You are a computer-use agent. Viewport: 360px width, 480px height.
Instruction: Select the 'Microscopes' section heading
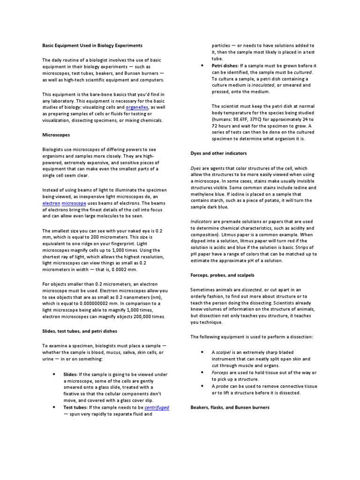(x=56, y=135)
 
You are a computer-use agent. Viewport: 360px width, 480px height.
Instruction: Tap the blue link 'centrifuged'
(x=157, y=408)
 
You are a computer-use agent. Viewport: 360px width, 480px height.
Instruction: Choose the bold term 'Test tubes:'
(x=76, y=408)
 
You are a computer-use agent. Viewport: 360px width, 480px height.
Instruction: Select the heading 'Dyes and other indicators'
(x=218, y=153)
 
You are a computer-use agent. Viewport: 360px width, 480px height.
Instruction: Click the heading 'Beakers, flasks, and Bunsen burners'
(x=230, y=407)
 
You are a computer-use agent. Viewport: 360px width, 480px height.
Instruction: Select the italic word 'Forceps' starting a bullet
(x=220, y=372)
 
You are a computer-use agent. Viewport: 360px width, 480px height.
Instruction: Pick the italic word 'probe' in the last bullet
(x=222, y=386)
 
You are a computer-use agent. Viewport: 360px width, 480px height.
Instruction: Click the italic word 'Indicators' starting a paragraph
(x=202, y=221)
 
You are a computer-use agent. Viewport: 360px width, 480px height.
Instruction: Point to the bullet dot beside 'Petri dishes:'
(x=201, y=66)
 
